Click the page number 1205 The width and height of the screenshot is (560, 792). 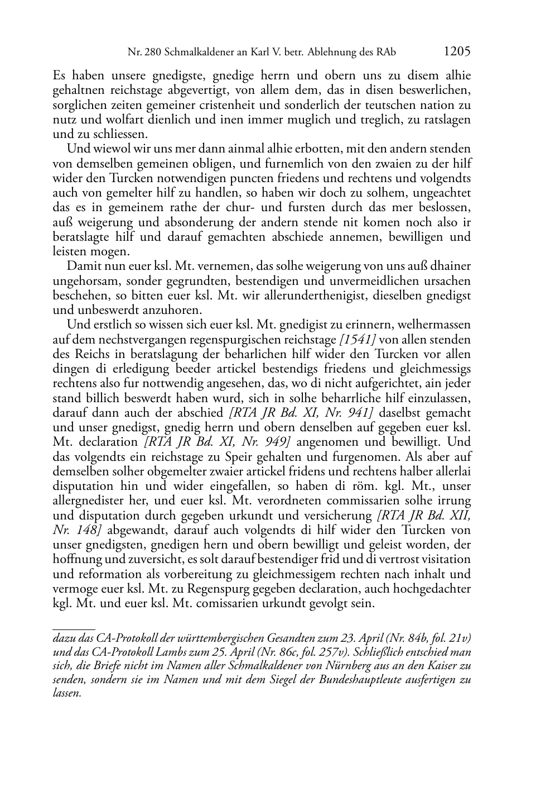pos(457,52)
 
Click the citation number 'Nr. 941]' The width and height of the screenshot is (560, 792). pos(354,413)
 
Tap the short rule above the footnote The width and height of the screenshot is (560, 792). pos(74,629)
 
